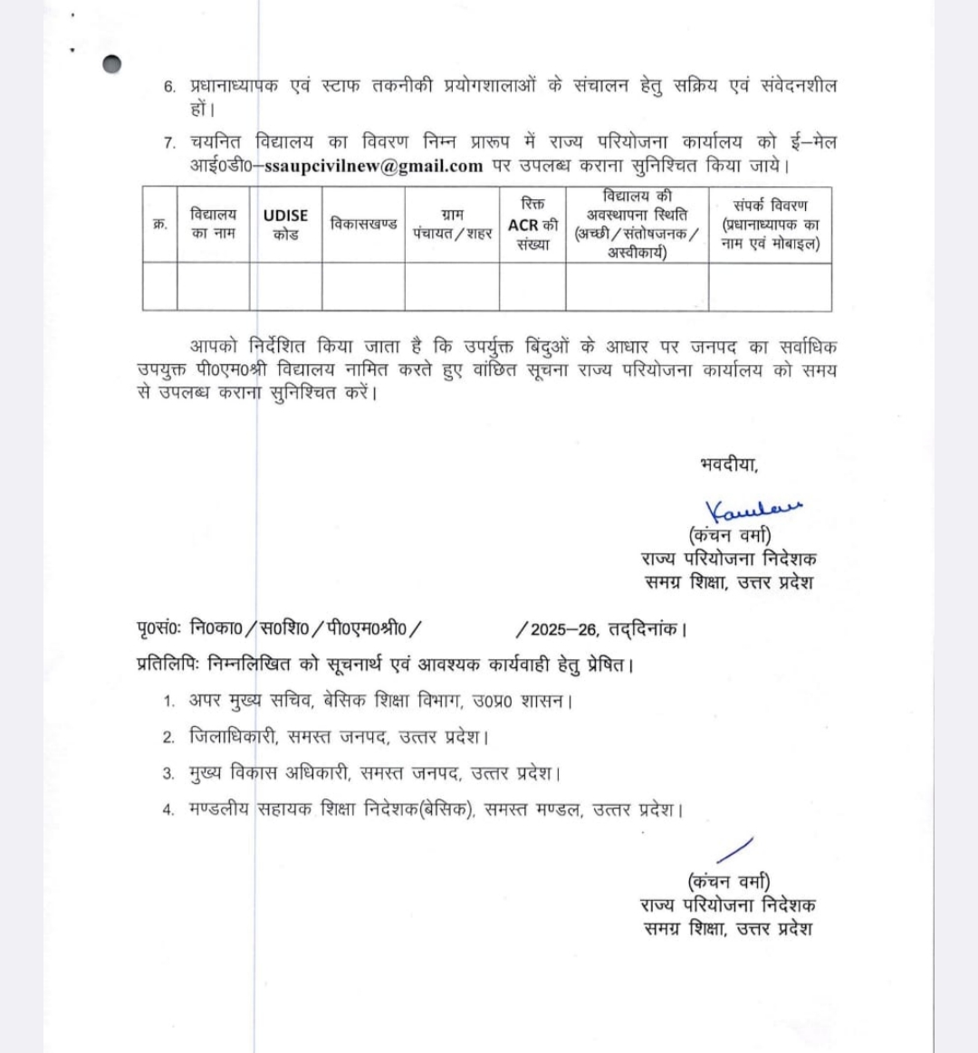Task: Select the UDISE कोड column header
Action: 285,225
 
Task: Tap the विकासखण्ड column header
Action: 363,224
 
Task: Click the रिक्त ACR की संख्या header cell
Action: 532,225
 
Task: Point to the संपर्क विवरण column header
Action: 771,225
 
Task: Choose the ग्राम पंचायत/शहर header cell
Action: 452,225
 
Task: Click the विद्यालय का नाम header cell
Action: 213,224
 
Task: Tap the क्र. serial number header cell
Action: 159,225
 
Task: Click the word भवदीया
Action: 729,465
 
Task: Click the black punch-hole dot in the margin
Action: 112,64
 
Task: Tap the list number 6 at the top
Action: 169,87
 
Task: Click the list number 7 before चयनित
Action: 169,143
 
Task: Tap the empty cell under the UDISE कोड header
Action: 285,286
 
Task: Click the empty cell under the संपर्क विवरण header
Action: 771,286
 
